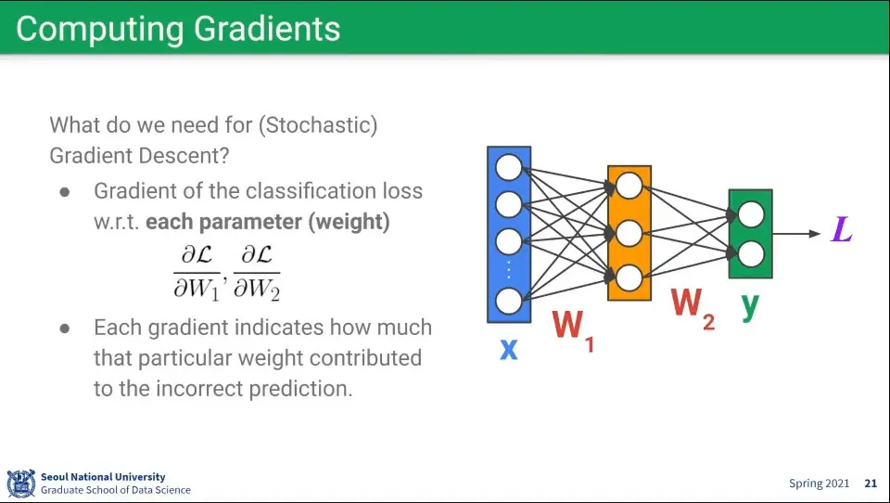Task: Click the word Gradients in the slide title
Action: [x=267, y=29]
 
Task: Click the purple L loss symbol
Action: [x=841, y=228]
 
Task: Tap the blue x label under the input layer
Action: [x=508, y=350]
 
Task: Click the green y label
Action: [x=750, y=304]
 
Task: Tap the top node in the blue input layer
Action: [x=509, y=168]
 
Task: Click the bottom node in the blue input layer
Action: [x=509, y=301]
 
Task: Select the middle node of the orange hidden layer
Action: [x=629, y=231]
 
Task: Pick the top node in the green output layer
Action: [x=750, y=215]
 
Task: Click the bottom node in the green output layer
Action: [x=750, y=252]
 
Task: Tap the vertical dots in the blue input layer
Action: [x=509, y=270]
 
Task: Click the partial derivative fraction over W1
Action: [x=197, y=272]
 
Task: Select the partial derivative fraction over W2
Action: [x=256, y=272]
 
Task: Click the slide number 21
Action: [x=871, y=484]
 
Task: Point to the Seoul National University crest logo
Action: [x=20, y=484]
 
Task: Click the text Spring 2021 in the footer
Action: [x=819, y=484]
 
